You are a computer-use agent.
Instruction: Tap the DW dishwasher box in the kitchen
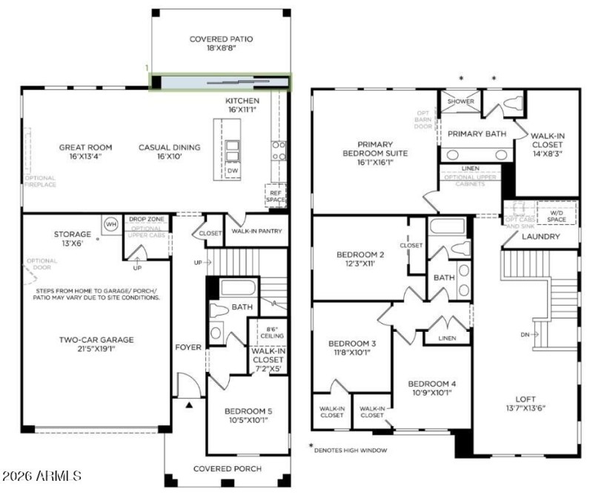[x=232, y=170]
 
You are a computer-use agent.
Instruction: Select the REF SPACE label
[x=275, y=196]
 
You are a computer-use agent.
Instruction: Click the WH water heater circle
[x=111, y=224]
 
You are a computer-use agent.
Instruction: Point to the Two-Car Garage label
[x=97, y=340]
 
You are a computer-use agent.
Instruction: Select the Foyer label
[x=188, y=347]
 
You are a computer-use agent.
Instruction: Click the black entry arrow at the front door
[x=189, y=404]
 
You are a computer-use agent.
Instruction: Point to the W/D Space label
[x=556, y=216]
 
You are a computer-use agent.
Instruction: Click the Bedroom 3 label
[x=351, y=343]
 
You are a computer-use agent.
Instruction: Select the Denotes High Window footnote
[x=350, y=450]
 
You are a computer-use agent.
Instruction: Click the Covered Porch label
[x=225, y=468]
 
